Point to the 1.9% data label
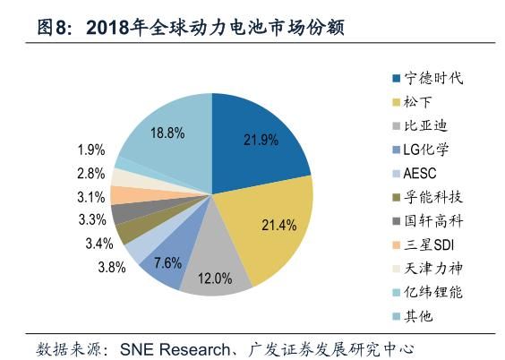[x=91, y=150]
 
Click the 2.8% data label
[x=91, y=174]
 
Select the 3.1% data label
[x=91, y=197]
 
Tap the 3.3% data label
[x=91, y=219]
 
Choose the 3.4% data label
[x=98, y=243]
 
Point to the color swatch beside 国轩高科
[x=395, y=220]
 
